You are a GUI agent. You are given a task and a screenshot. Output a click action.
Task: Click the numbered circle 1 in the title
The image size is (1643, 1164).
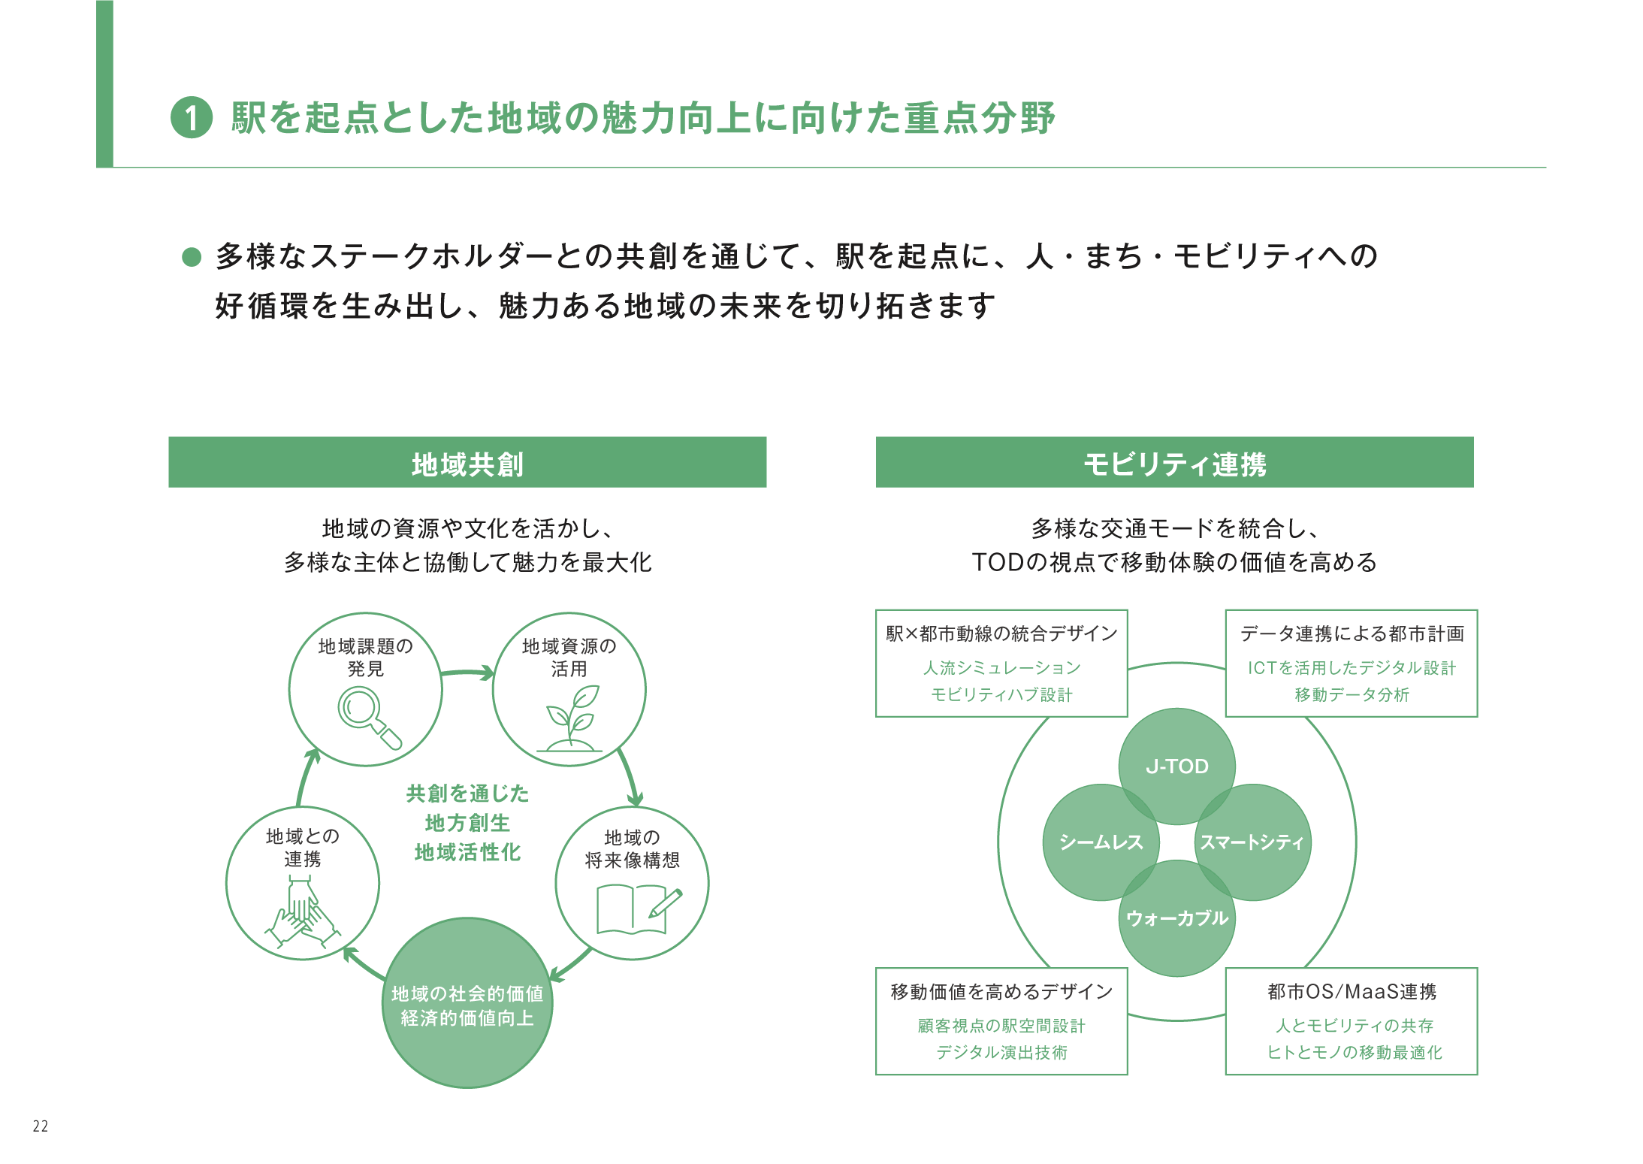(192, 118)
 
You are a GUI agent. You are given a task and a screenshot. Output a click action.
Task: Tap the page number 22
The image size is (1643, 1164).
(41, 1126)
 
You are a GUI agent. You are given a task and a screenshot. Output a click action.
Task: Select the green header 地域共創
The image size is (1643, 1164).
(467, 463)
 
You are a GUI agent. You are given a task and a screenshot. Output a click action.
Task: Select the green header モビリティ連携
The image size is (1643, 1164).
(1174, 463)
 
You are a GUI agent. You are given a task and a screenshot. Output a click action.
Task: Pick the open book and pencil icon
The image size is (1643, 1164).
(638, 909)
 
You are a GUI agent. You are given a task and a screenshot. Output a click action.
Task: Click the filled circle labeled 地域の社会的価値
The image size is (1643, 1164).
(467, 1003)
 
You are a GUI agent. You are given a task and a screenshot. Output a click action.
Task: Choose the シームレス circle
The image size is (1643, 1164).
(1101, 842)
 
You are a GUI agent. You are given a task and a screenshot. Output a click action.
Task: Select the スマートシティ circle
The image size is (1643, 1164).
(1252, 842)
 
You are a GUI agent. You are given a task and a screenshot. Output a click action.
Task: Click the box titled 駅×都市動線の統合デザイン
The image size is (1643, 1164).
(1001, 662)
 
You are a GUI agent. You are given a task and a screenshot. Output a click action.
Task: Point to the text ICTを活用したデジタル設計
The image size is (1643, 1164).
(1352, 668)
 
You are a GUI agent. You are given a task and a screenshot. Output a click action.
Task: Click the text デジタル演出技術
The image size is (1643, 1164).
(1001, 1052)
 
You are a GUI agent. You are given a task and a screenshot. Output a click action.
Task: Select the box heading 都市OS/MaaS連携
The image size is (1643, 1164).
(1352, 992)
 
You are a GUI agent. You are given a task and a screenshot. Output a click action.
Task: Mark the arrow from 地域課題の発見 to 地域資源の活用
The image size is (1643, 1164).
(467, 673)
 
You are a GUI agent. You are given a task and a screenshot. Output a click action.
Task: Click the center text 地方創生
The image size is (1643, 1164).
(467, 823)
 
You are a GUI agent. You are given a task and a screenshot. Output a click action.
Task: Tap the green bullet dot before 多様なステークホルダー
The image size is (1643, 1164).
(192, 257)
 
